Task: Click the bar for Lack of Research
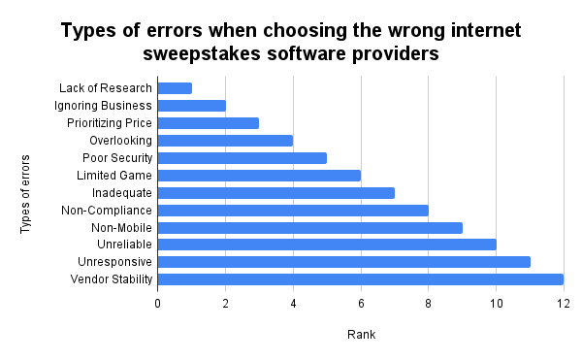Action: click(x=175, y=88)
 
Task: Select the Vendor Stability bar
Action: click(x=360, y=279)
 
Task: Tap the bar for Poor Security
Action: click(x=242, y=158)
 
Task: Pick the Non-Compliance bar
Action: click(x=292, y=210)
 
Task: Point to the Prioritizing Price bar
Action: click(x=208, y=123)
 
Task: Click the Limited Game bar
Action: click(x=259, y=176)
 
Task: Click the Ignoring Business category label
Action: click(x=104, y=106)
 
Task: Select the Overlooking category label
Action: click(x=120, y=141)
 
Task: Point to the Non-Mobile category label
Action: click(x=121, y=227)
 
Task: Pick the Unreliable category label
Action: click(x=124, y=245)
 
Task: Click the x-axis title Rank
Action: click(x=361, y=335)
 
